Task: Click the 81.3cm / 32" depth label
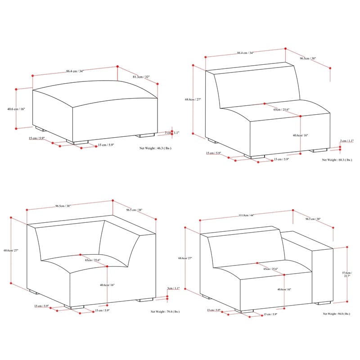(141, 77)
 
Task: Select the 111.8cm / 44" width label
(247, 216)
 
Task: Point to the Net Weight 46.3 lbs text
(155, 148)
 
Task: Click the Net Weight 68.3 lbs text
(337, 160)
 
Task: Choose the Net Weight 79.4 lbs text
(165, 311)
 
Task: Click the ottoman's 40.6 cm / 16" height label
(17, 109)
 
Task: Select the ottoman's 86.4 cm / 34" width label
(75, 71)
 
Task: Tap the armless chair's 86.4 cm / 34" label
(245, 53)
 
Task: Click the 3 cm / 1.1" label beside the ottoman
(172, 133)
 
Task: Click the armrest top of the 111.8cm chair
(306, 239)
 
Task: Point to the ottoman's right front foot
(146, 135)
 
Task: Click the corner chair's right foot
(146, 300)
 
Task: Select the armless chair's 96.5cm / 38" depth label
(308, 58)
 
